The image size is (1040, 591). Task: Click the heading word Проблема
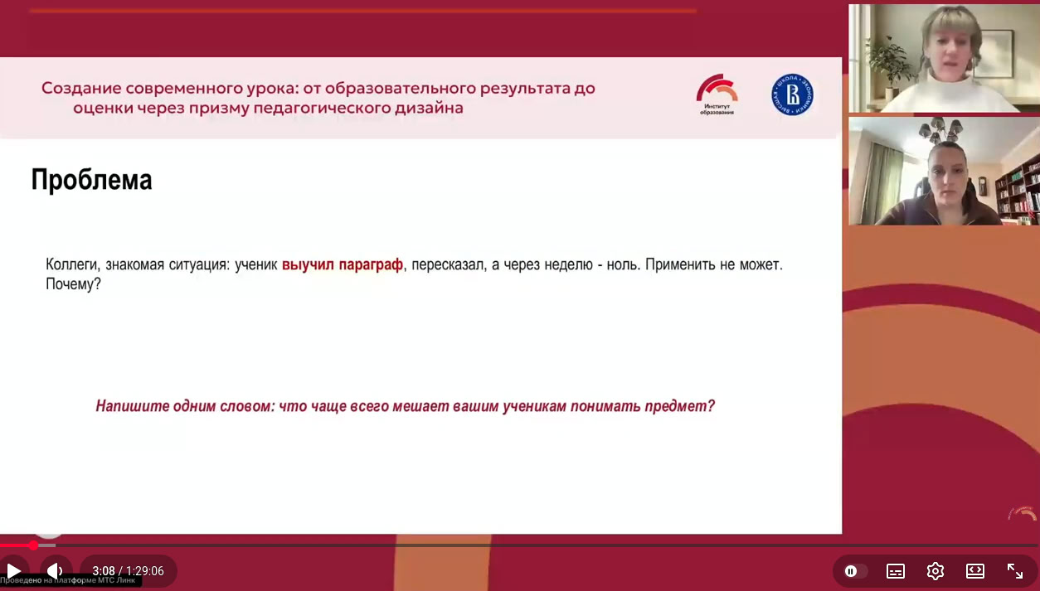pos(91,180)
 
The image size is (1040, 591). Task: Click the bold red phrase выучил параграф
pos(342,265)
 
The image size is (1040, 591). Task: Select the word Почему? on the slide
pos(73,284)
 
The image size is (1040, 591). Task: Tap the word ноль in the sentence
pos(612,265)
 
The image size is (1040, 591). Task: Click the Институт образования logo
pos(717,94)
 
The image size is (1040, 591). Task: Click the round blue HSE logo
pos(792,94)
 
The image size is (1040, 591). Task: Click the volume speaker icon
pos(55,571)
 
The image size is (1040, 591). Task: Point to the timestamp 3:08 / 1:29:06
pos(128,571)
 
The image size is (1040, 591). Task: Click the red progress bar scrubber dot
pos(33,545)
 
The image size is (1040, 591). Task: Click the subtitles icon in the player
pos(895,571)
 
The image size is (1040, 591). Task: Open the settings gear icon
pos(936,571)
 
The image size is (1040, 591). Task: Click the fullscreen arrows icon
pos(1014,571)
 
